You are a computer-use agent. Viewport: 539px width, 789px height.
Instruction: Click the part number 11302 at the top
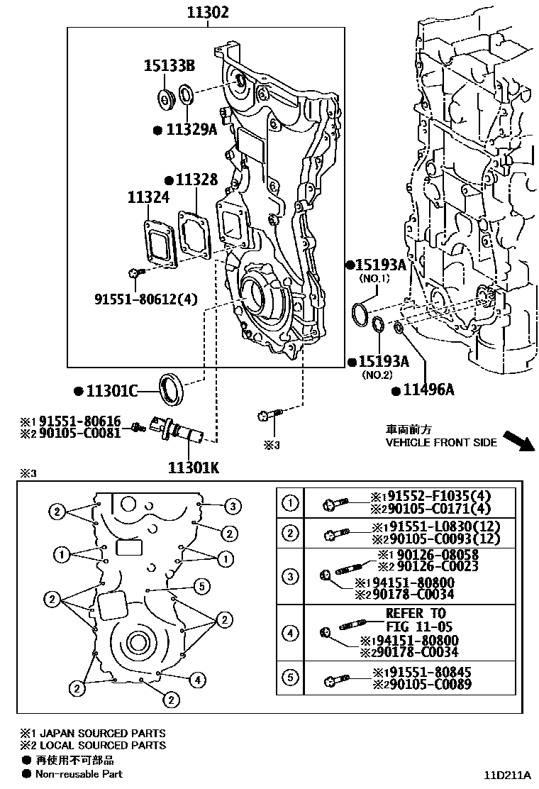click(x=208, y=12)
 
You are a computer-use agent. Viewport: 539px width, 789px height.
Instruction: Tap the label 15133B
click(x=170, y=67)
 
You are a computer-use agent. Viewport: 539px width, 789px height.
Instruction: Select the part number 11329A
click(x=191, y=130)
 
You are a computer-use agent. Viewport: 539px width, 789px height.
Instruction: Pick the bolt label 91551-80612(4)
click(x=145, y=299)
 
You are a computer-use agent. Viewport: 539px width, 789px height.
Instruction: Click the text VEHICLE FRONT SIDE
click(x=440, y=442)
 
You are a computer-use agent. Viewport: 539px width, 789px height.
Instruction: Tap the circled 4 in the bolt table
click(x=290, y=632)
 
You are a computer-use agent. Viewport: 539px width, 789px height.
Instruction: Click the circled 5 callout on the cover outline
click(x=202, y=585)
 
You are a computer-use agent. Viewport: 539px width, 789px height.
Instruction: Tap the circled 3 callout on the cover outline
click(x=231, y=506)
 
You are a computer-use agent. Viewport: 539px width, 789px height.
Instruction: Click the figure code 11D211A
click(x=509, y=774)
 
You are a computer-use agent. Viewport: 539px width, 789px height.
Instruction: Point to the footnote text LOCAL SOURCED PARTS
click(x=104, y=745)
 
